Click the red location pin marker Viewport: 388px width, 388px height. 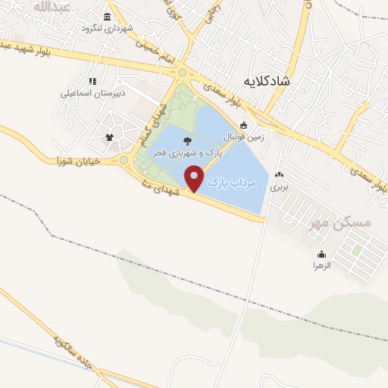pyautogui.click(x=196, y=179)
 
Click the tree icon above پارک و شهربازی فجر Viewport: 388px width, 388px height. pyautogui.click(x=187, y=140)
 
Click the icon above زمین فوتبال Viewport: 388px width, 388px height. pyautogui.click(x=243, y=126)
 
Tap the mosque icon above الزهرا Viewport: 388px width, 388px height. pyautogui.click(x=322, y=254)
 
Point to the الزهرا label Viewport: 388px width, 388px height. pyautogui.click(x=322, y=265)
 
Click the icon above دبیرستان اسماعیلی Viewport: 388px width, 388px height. pyautogui.click(x=92, y=81)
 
